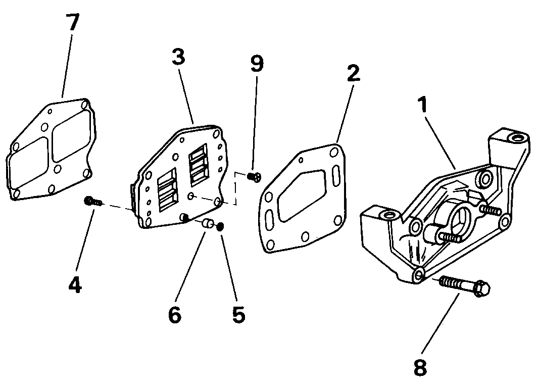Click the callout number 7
pos(72,22)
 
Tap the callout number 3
pos(178,57)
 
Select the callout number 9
pos(257,64)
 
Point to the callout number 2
pos(354,73)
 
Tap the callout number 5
pos(239,314)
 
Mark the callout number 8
pos(420,367)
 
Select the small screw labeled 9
pos(254,177)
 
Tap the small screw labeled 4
pos(92,201)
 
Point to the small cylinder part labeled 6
pos(207,223)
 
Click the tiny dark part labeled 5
pos(221,226)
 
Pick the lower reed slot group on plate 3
pos(168,190)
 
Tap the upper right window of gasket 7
pos(71,135)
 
